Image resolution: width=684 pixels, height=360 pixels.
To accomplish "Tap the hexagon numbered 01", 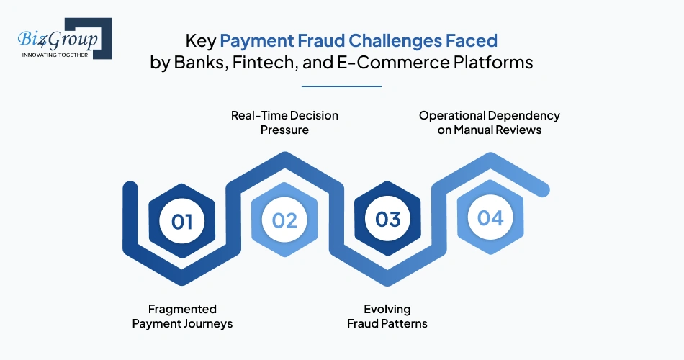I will pos(182,220).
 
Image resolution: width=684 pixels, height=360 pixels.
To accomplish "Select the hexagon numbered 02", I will pos(284,220).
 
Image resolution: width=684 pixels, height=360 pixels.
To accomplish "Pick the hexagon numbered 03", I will pos(387,219).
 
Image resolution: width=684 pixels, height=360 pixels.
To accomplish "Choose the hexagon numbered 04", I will pos(490,217).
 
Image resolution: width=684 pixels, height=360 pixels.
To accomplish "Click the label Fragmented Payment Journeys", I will pos(182,316).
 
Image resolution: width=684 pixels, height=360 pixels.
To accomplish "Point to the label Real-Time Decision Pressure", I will pos(284,122).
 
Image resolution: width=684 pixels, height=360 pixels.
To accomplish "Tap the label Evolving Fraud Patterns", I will pos(387,316).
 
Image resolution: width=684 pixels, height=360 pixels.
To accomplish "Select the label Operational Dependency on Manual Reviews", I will pos(490,122).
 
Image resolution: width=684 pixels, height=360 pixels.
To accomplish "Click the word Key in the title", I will pos(200,39).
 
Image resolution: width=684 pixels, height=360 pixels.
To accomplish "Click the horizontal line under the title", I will pos(341,86).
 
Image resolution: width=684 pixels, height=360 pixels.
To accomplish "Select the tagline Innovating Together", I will pos(55,54).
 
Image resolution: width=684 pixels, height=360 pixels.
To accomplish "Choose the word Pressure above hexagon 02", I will pos(284,130).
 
